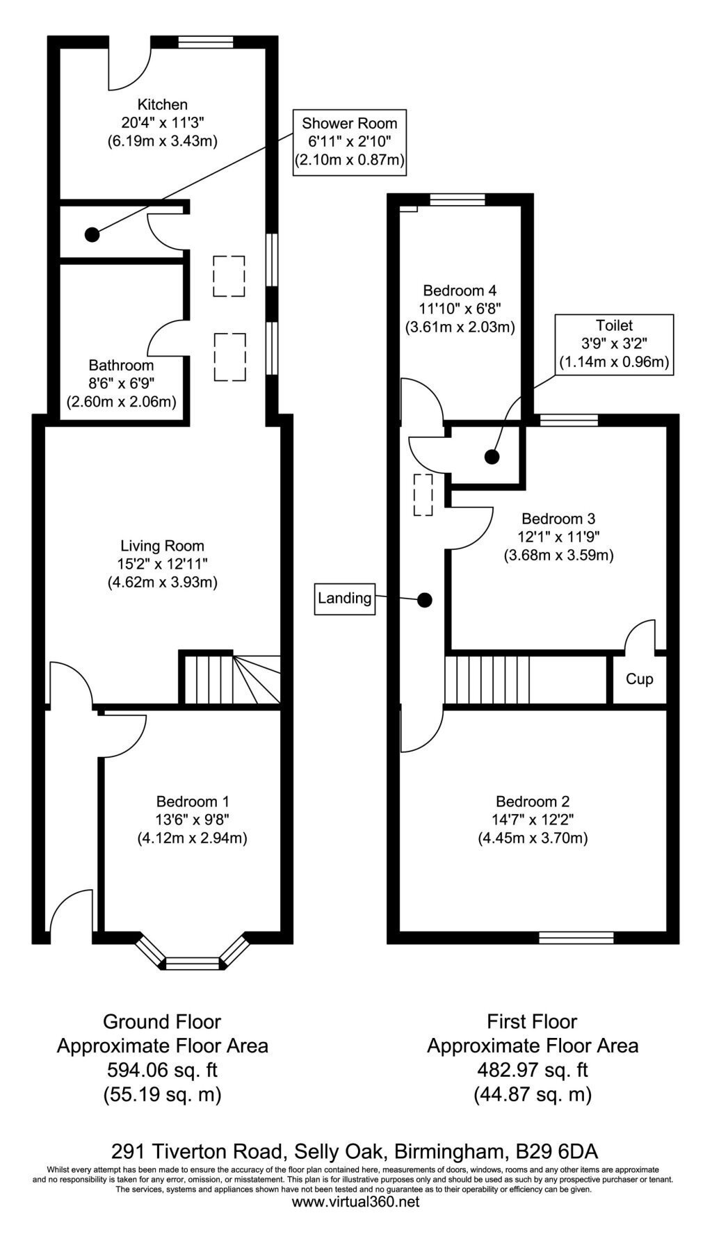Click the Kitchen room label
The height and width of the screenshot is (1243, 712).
(x=162, y=105)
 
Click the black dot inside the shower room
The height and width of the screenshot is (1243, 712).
(x=92, y=235)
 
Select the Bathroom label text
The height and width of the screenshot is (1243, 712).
(x=121, y=366)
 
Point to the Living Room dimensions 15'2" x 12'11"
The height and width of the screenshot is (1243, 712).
(x=162, y=564)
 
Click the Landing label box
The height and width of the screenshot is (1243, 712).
(x=344, y=598)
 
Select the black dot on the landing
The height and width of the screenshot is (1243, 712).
(x=424, y=599)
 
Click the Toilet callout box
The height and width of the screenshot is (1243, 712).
(x=614, y=344)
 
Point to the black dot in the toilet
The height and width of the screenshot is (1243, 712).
(x=492, y=457)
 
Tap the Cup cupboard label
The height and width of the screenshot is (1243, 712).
(x=639, y=679)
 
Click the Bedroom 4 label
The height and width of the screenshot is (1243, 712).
(x=460, y=290)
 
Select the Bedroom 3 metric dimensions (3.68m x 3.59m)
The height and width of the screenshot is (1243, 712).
(x=558, y=555)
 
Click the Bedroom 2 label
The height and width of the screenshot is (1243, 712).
(x=533, y=802)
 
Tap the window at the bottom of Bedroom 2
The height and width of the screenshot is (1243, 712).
(x=576, y=938)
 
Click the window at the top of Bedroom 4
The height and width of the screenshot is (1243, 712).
(x=457, y=200)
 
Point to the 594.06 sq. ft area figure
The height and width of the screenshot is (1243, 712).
(x=162, y=1069)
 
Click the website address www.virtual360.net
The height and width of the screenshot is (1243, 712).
(x=355, y=1221)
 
